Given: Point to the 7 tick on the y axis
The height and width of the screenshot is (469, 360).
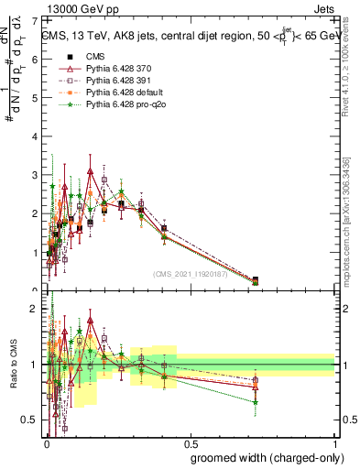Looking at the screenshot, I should (x=38, y=19).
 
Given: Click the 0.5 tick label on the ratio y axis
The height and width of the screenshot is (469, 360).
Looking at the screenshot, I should (x=34, y=420).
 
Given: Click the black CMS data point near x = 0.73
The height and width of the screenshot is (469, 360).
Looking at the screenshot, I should (x=255, y=280).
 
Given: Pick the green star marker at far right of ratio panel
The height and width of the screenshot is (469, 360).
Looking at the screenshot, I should (x=255, y=401).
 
